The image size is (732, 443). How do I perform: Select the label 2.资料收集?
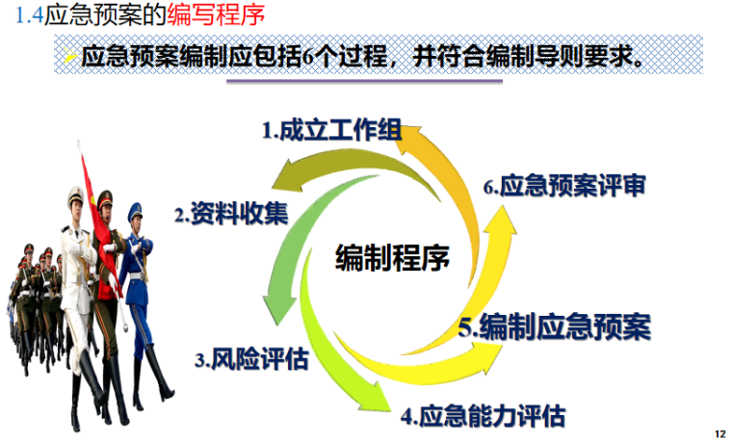point(231,214)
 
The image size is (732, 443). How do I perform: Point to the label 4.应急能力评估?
point(483,416)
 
